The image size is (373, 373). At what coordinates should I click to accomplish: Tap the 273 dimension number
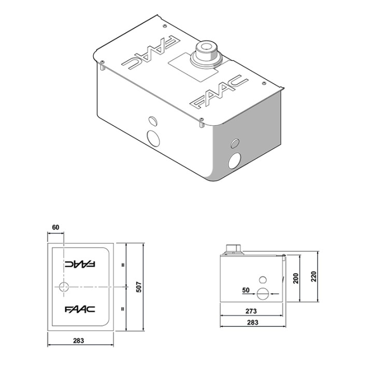251,312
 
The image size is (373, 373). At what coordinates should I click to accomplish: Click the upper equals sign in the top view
123,264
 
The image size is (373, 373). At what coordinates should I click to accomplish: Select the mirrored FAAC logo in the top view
80,264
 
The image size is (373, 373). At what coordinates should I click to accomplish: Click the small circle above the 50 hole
263,280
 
